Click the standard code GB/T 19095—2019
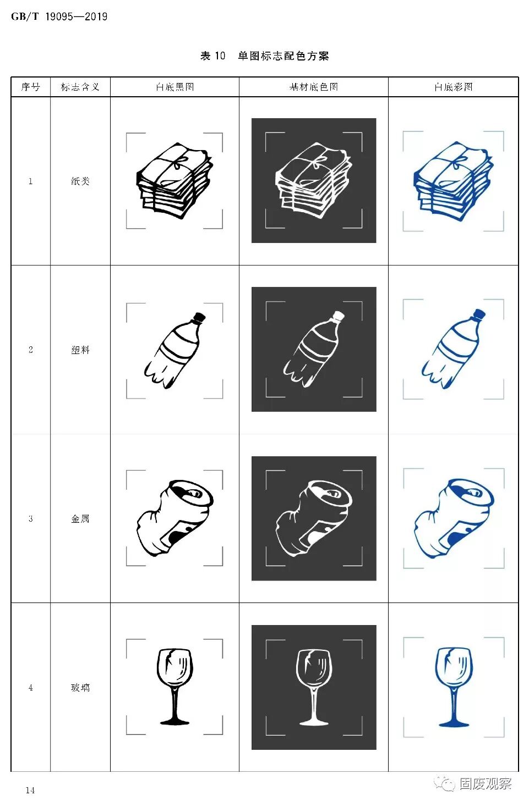point(59,16)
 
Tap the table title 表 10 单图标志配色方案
point(264,56)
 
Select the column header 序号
point(30,87)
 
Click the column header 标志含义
point(80,87)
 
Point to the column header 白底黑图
point(174,87)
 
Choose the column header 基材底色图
point(314,87)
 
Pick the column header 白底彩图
point(453,87)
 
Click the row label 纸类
point(80,181)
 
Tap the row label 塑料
point(80,350)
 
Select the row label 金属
point(80,519)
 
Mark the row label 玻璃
point(80,687)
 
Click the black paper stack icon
point(174,181)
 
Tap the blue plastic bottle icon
point(454,349)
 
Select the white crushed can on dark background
point(314,518)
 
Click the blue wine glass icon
point(454,687)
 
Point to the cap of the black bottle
point(199,317)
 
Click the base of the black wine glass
point(174,721)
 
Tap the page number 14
point(30,790)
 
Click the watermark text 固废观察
point(486,783)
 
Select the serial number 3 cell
point(31,519)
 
